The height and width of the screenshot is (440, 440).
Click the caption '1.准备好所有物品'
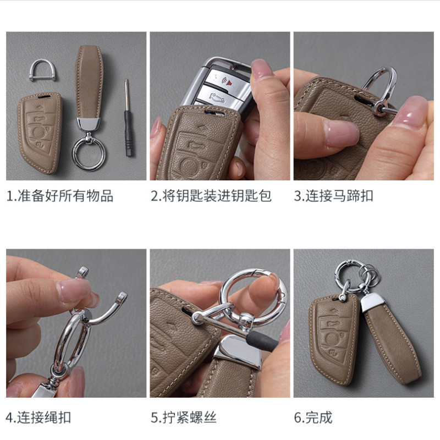60,196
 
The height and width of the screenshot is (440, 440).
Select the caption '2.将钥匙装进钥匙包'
211,196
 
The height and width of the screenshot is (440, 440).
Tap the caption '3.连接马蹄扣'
333,196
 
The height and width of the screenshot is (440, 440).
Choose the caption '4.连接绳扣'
38,417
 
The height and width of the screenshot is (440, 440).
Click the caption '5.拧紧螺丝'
184,417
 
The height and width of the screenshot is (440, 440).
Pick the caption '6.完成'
313,417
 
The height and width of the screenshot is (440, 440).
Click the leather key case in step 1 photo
39,133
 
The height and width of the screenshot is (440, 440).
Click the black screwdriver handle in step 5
262,341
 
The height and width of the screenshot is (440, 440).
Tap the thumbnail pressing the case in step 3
342,133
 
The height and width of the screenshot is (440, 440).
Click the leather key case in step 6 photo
333,340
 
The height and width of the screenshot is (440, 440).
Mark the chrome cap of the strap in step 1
89,123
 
